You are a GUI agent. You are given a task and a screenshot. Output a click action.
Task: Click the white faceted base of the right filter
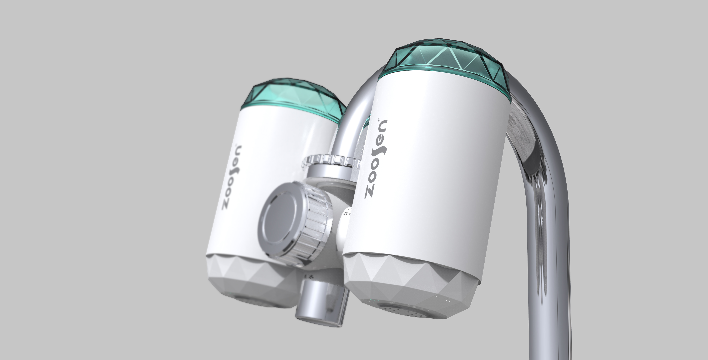pos(412,277)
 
